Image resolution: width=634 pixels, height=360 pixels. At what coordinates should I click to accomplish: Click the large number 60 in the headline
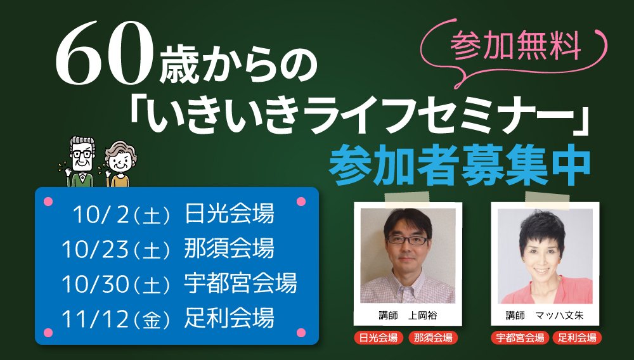(x=105, y=55)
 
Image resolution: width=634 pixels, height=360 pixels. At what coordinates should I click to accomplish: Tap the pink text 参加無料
(x=515, y=46)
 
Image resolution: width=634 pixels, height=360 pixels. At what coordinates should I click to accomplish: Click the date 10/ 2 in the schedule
(x=101, y=214)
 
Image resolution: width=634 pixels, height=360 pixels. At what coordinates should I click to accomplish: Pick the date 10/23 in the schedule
(x=95, y=249)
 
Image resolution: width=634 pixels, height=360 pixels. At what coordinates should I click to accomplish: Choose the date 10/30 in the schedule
(x=95, y=284)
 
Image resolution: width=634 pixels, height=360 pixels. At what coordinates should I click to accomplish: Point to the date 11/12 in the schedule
(x=95, y=318)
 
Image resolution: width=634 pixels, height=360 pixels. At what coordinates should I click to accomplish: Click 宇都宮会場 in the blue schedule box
(x=240, y=283)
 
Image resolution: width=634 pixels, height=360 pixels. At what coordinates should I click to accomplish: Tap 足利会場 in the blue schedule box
(x=230, y=318)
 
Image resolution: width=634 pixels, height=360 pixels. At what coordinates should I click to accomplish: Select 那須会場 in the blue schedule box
(x=230, y=248)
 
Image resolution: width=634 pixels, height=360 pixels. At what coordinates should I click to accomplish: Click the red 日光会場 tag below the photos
(x=378, y=338)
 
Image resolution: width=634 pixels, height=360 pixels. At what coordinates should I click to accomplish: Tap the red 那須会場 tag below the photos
(x=433, y=338)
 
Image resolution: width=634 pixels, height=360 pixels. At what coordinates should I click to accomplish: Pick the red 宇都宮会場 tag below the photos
(x=520, y=338)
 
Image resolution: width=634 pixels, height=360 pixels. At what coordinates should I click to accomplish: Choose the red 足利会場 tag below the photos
(x=577, y=338)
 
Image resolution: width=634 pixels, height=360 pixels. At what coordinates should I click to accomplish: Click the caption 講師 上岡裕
(x=408, y=316)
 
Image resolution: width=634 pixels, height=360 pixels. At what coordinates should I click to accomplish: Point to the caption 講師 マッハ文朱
(x=545, y=316)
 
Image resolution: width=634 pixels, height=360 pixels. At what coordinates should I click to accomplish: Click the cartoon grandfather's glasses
(x=82, y=153)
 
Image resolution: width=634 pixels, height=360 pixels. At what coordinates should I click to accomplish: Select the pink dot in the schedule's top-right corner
(x=301, y=202)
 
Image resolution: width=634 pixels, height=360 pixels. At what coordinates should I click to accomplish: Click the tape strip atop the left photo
(x=407, y=200)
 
